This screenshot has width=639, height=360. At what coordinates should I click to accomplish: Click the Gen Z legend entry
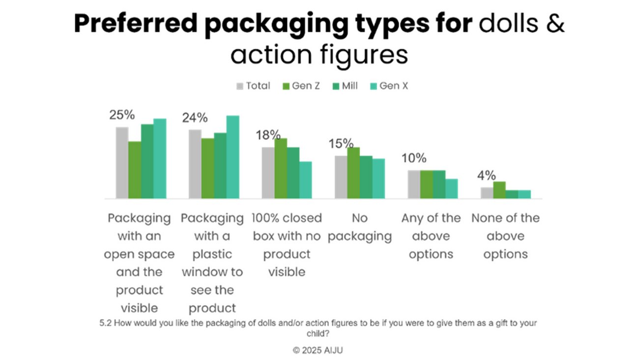[x=301, y=86]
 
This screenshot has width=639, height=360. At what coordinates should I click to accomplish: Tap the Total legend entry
[x=254, y=86]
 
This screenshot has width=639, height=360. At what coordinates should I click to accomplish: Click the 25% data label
[x=122, y=115]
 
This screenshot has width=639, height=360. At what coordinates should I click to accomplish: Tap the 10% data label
[x=413, y=158]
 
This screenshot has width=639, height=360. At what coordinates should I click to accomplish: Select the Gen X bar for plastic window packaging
[x=232, y=157]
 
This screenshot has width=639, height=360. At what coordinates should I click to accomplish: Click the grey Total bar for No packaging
[x=341, y=177]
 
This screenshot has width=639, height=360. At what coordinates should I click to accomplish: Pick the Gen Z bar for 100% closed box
[x=281, y=168]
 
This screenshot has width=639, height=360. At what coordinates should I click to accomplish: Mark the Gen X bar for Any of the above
[x=451, y=188]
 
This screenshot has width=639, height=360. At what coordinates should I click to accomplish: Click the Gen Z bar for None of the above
[x=499, y=190]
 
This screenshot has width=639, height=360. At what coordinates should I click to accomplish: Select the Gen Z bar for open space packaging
[x=135, y=170]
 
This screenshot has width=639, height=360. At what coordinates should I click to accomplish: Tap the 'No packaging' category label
[x=360, y=227]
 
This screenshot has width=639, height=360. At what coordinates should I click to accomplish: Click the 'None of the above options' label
[x=505, y=236]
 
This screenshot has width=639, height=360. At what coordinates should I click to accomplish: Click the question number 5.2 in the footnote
[x=105, y=323]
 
